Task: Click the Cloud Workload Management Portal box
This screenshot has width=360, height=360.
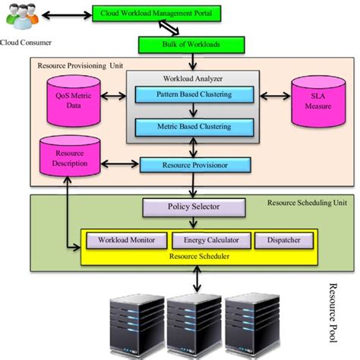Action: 155,14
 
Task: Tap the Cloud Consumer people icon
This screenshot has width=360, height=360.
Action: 20,16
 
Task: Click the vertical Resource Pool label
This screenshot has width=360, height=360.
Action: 332,311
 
